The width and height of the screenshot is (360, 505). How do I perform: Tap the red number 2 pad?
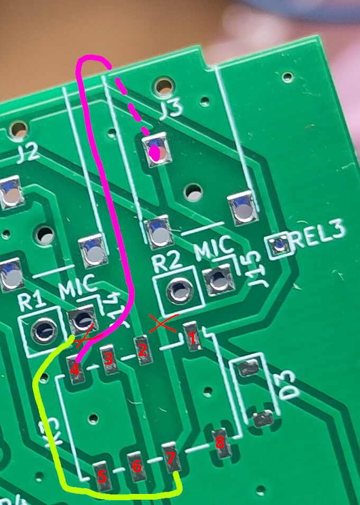[142, 350]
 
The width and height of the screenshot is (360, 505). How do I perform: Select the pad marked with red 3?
[109, 360]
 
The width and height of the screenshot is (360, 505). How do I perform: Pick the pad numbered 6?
[136, 466]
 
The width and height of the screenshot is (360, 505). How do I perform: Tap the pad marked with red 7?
[170, 457]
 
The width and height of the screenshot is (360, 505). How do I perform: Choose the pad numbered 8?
[220, 443]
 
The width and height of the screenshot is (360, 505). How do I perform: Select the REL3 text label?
[320, 233]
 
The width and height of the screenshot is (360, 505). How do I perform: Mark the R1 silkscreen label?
[31, 302]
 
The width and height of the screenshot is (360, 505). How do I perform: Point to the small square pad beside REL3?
[279, 244]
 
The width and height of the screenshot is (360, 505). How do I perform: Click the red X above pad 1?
[163, 323]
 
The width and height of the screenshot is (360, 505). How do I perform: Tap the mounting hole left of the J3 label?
[163, 85]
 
